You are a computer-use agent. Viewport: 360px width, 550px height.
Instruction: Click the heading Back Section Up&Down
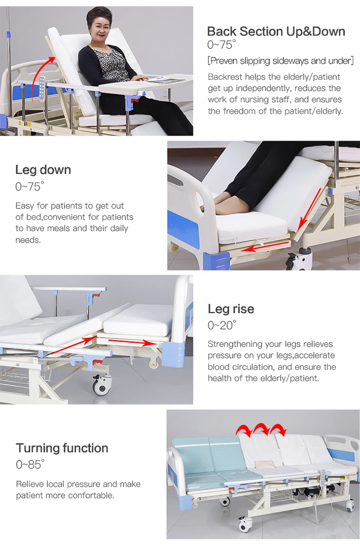coord(276,31)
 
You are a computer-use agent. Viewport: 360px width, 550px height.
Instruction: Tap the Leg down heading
coord(43,170)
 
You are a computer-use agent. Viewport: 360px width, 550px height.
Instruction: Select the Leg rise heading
coord(231,309)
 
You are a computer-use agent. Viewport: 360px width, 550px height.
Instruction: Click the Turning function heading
coord(62,448)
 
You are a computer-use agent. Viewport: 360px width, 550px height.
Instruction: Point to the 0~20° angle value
coord(222,325)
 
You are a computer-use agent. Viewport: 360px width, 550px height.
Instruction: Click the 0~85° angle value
coord(30,464)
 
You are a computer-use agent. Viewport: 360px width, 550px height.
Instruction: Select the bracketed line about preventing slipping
coord(281,61)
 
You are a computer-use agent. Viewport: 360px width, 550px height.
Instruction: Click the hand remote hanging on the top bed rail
coord(42,87)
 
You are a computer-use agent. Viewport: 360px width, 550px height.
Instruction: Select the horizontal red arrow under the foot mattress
coord(265,246)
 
